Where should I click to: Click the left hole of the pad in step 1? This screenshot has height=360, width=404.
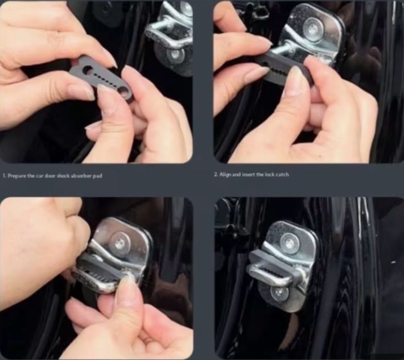[87, 69]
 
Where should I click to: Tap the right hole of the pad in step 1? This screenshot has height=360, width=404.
[124, 90]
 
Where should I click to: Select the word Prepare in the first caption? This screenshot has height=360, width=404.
[17, 176]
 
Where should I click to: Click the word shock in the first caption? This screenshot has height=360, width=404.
[62, 176]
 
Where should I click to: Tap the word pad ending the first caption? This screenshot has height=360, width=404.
[97, 176]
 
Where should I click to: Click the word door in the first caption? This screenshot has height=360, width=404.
[50, 176]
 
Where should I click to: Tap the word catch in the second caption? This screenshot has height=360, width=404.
[282, 174]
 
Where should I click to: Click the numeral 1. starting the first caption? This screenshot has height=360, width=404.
[5, 176]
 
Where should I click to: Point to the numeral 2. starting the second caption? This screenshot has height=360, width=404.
[216, 174]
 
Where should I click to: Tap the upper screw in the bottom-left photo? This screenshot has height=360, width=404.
[120, 242]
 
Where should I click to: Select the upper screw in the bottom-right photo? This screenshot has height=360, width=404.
[289, 243]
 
